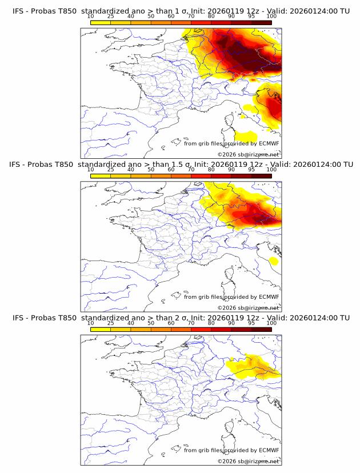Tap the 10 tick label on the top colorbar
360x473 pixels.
click(91, 16)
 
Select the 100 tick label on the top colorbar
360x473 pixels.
click(271, 16)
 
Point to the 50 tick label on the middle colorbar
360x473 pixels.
click(151, 170)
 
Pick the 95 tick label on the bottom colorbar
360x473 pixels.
click(251, 323)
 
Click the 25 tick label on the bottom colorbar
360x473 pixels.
click(111, 323)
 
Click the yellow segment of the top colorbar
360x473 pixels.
click(101, 22)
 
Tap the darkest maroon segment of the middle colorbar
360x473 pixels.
click(261, 176)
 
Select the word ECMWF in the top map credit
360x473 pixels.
click(269, 143)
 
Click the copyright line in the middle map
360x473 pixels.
click(248, 307)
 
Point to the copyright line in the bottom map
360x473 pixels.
click(248, 461)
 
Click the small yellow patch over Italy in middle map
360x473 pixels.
click(274, 261)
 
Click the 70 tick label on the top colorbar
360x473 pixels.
click(191, 16)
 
